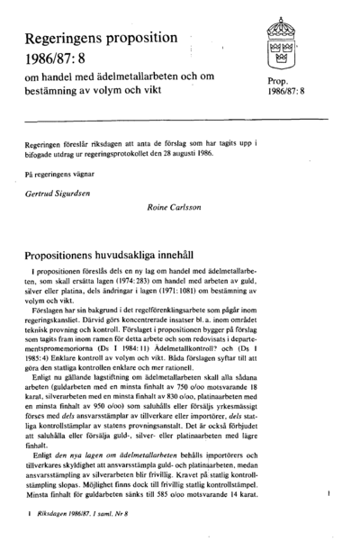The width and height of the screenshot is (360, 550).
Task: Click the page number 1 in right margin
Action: click(332, 494)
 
